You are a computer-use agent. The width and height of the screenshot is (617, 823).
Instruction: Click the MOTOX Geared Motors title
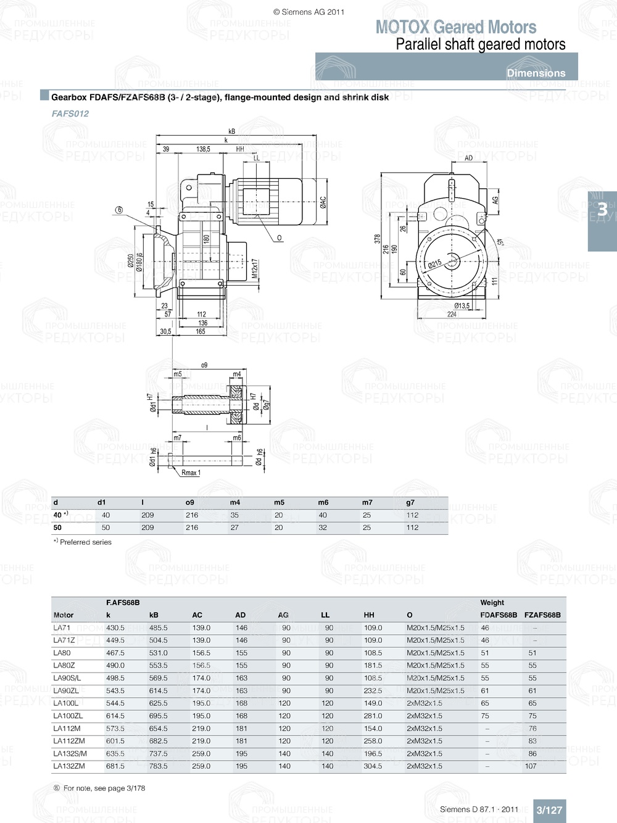click(x=456, y=27)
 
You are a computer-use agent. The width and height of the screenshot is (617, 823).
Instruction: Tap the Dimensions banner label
click(x=536, y=73)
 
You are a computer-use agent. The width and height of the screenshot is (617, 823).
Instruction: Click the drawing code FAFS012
click(x=70, y=114)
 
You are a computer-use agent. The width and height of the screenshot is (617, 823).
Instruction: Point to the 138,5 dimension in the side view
click(x=203, y=149)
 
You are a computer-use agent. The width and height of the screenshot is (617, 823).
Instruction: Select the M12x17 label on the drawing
click(x=254, y=269)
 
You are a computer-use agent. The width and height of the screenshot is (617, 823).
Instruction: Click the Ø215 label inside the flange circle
click(x=435, y=264)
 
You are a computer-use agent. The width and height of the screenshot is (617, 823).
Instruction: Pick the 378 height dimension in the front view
click(x=378, y=239)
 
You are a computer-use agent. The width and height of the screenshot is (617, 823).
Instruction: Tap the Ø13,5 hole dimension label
click(x=462, y=305)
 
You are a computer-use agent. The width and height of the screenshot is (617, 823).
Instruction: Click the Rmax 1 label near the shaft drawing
click(x=191, y=473)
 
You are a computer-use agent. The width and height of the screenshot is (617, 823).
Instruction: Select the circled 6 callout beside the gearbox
click(x=118, y=210)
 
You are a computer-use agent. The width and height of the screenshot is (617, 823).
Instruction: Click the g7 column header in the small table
click(x=410, y=502)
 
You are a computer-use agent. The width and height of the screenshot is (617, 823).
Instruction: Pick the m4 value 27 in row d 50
click(x=234, y=527)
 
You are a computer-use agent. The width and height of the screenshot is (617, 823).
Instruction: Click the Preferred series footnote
click(x=83, y=542)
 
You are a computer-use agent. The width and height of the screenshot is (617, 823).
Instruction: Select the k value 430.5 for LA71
click(x=115, y=627)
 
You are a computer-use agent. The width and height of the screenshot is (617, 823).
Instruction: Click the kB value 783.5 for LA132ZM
click(x=158, y=766)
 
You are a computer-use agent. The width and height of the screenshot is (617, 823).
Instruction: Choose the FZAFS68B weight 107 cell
click(x=531, y=766)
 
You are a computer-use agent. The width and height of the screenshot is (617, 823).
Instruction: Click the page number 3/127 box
click(x=549, y=810)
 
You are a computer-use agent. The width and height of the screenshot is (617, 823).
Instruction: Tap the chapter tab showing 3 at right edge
click(x=602, y=210)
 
